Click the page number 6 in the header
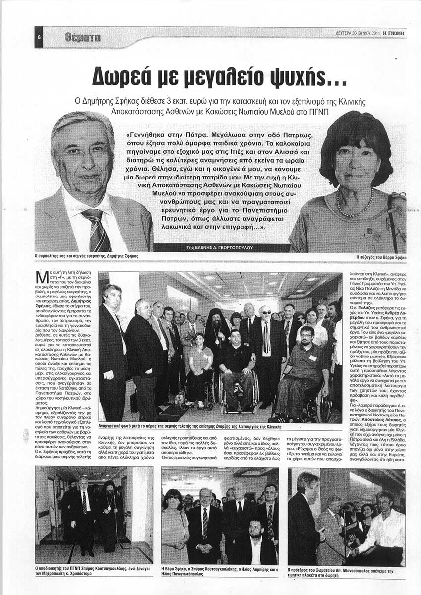pos(39,38)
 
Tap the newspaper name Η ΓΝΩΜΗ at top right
pos(394,33)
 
